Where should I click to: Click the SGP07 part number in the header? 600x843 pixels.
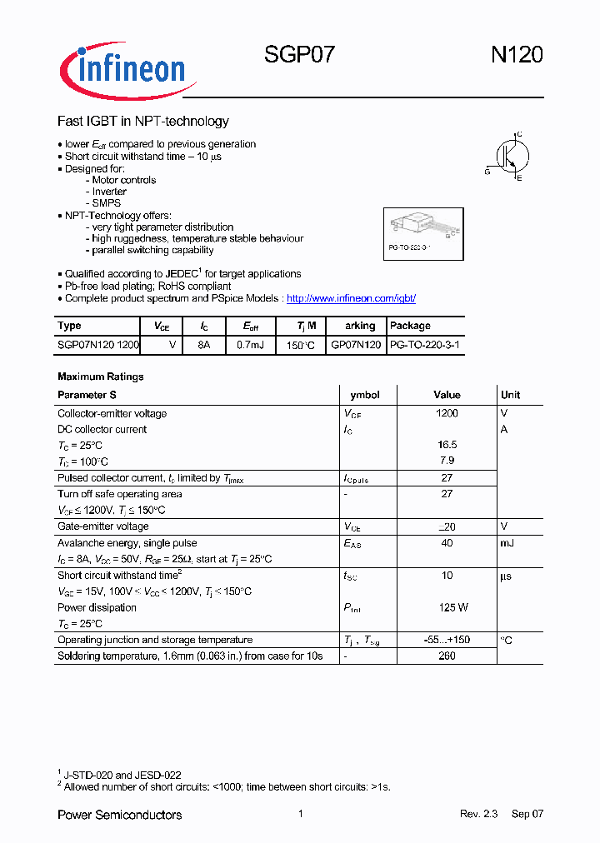[300, 55]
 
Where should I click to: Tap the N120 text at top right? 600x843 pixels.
[516, 55]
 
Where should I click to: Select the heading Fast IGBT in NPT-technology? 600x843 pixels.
[142, 122]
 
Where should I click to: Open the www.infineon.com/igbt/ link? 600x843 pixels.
[351, 298]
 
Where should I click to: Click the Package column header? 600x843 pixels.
[410, 326]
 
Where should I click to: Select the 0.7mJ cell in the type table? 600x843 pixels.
[250, 344]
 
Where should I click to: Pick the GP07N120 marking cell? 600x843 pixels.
[356, 344]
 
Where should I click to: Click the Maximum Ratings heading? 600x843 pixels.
[100, 377]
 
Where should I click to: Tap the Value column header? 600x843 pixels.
[447, 395]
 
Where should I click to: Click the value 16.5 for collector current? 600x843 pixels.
[447, 446]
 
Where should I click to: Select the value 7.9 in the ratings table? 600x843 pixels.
[447, 461]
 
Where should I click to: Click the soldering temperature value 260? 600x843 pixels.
[447, 656]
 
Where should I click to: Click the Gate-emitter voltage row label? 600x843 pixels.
[102, 526]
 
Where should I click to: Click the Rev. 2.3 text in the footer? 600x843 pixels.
[478, 814]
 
